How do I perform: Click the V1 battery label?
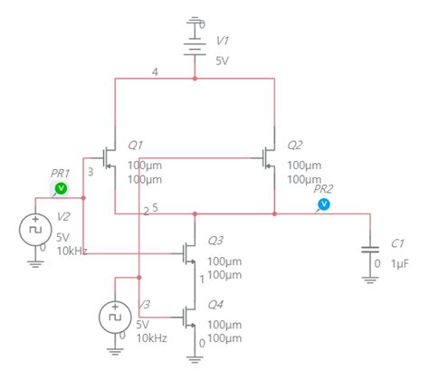point(224,42)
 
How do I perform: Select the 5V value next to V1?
point(222,61)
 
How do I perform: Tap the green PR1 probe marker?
point(62,188)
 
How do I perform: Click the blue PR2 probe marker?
point(324,204)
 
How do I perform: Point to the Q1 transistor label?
point(136,146)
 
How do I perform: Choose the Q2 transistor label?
point(295,146)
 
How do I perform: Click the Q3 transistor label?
point(215,241)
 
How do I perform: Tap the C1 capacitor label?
point(397,243)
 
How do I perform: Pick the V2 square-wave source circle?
point(34,230)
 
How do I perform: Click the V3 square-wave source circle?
point(114,317)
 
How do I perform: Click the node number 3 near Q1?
point(91,172)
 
